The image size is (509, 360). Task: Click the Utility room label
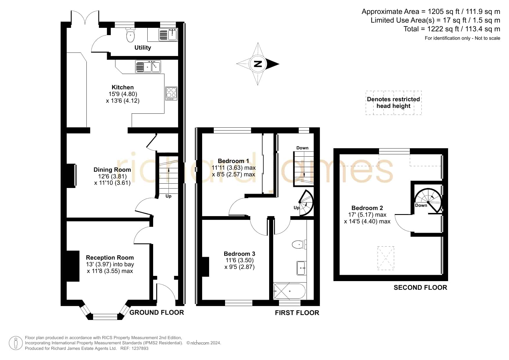pos(143,48)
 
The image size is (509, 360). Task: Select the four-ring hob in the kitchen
pos(171,93)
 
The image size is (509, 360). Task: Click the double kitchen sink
pos(148,66)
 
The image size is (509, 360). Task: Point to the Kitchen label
pos(123,87)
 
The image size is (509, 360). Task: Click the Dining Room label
pos(112,170)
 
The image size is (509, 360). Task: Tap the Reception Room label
pos(110,258)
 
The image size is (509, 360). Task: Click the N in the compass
pos(258,64)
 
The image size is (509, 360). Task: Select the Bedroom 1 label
pos(233,161)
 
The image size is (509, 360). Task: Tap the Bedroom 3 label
pos(240,254)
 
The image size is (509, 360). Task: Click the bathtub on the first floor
pos(289,291)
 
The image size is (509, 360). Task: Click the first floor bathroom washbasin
pos(301,268)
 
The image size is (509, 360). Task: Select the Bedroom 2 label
pos(367,208)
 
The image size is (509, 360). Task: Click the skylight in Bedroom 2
pos(386,258)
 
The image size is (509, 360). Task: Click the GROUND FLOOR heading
pos(157,312)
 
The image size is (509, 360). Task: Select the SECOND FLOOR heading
pos(420,287)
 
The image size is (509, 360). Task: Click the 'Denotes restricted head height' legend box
pos(394,103)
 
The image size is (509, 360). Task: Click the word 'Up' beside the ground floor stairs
pos(169,196)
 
